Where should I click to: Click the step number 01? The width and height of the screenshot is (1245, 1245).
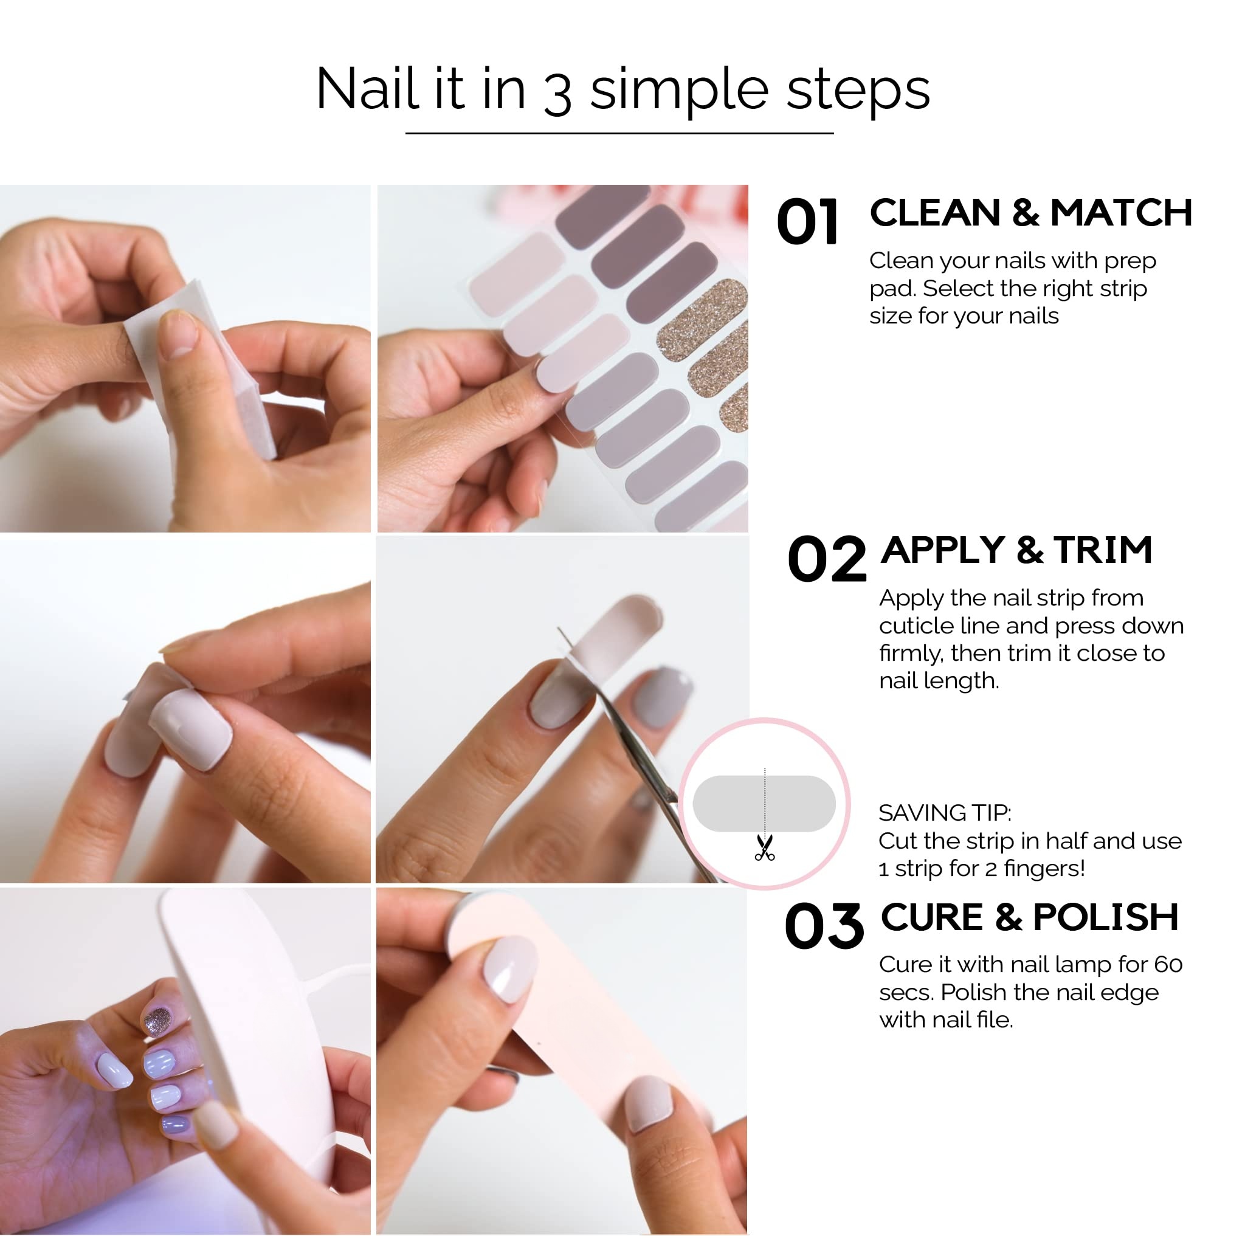807,222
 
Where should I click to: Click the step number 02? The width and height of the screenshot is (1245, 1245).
826,559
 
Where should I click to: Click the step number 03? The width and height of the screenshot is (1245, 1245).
824,926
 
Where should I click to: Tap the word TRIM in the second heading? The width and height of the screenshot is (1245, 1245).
1103,550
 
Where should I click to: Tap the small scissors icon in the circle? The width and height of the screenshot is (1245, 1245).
764,848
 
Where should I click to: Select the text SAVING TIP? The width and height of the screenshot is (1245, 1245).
945,813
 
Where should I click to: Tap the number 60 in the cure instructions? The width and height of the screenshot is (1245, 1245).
1168,965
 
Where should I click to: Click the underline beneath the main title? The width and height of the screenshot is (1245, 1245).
619,133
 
